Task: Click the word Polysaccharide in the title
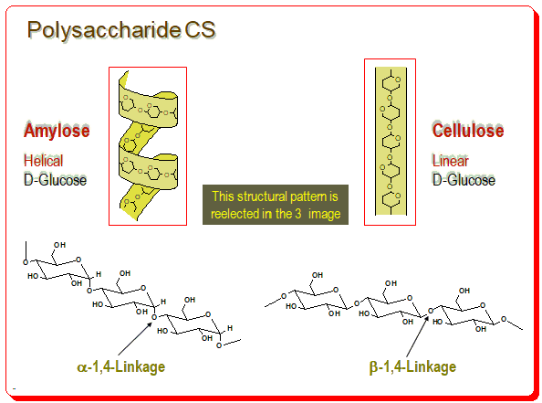click(x=104, y=30)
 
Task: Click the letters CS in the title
click(x=201, y=29)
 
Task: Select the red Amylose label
click(x=57, y=131)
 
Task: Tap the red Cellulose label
click(x=468, y=130)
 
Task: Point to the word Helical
click(x=44, y=161)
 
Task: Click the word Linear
click(x=451, y=161)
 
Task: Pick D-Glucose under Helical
click(x=56, y=180)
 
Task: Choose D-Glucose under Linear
click(x=464, y=180)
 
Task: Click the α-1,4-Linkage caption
click(x=121, y=367)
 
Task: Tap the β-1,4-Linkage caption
click(x=412, y=367)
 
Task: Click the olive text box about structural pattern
click(x=276, y=205)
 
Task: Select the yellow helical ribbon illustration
click(x=149, y=146)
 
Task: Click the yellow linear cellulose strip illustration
click(x=391, y=141)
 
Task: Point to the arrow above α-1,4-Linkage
click(x=135, y=339)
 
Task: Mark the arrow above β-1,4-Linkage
click(x=418, y=336)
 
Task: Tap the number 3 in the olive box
click(x=298, y=214)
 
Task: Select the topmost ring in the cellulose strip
click(x=391, y=83)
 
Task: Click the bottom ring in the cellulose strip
click(x=391, y=199)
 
